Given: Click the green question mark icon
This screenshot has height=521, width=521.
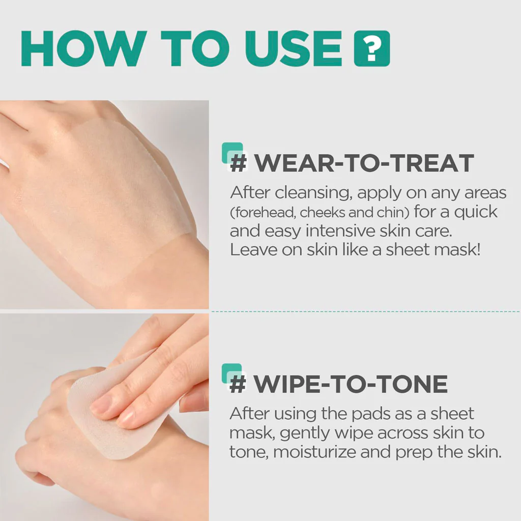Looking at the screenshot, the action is (x=372, y=48).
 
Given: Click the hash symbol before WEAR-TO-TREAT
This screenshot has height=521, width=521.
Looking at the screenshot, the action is (x=239, y=163).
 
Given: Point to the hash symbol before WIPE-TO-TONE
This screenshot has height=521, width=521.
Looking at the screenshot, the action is (x=238, y=384).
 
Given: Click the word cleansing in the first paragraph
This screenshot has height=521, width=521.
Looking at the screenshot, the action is (x=313, y=193).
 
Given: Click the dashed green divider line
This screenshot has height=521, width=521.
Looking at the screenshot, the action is (x=365, y=312).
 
